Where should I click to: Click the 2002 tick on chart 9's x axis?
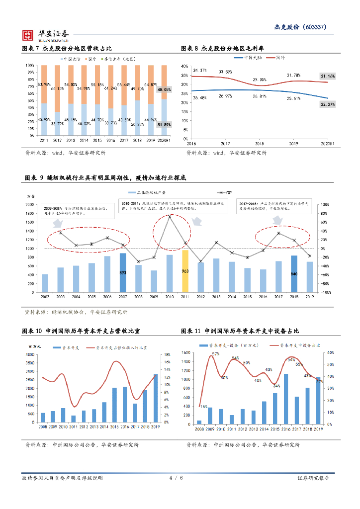click(x=45, y=296)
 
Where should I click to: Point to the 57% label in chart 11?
click(x=216, y=354)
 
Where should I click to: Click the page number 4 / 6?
click(x=176, y=478)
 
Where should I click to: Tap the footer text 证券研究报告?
click(x=313, y=478)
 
